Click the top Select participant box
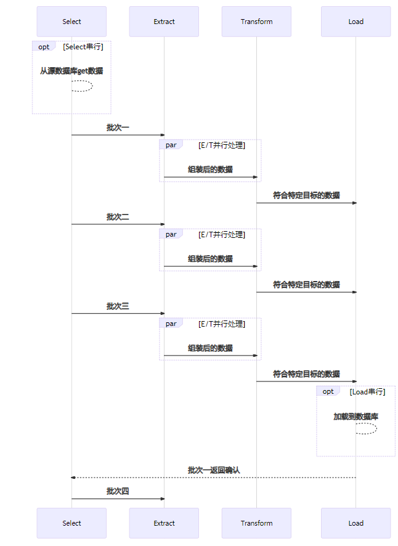[x=71, y=22]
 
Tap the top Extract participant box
[x=164, y=22]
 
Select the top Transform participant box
[x=256, y=22]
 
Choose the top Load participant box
[x=355, y=22]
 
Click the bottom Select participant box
[x=71, y=523]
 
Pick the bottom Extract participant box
[x=164, y=523]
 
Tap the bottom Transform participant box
[x=256, y=523]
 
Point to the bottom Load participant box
[x=355, y=523]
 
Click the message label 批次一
[x=118, y=128]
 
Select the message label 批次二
[x=118, y=217]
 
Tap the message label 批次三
[x=118, y=306]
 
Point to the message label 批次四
[x=118, y=491]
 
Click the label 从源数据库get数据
[x=71, y=71]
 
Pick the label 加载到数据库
[x=355, y=417]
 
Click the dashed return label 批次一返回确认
[x=214, y=470]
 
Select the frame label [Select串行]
[x=83, y=47]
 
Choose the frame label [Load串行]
[x=368, y=391]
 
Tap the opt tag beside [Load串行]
[x=328, y=391]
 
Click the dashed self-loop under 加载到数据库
[x=367, y=428]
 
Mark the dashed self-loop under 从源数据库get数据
[x=83, y=86]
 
